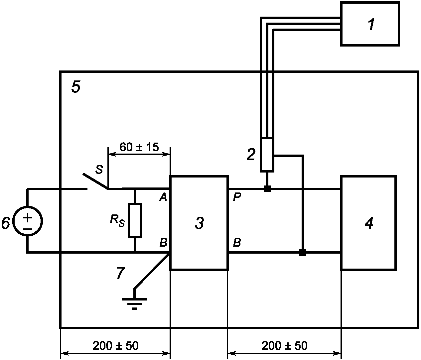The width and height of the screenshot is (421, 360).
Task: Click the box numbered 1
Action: point(370,24)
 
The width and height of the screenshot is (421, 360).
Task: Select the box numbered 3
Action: point(199,223)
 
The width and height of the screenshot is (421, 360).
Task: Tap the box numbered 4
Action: point(368,223)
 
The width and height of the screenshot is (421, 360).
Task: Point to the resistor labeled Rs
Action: point(135,220)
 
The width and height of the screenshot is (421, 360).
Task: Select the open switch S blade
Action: point(95,181)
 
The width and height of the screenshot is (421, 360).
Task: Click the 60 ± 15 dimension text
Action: point(139,147)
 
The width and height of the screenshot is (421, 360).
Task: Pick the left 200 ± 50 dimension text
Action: point(115,346)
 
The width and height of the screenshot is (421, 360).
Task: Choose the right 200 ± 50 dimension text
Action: point(284,346)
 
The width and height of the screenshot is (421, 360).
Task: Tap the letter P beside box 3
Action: point(236,198)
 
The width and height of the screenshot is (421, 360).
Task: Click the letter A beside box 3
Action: point(163,198)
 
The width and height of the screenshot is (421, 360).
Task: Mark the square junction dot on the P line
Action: point(267,189)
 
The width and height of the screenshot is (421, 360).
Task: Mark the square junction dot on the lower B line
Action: point(302,252)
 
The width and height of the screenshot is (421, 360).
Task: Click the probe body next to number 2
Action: point(267,155)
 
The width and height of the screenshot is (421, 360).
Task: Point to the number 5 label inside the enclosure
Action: point(76,87)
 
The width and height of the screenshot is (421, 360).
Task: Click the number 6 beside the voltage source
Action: point(6,223)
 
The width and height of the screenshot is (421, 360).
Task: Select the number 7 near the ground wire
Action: point(120,273)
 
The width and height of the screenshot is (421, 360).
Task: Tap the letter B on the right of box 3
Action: point(236,243)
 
